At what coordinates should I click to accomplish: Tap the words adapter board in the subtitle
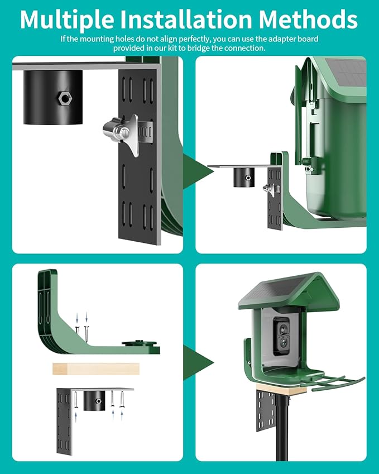coord(298,40)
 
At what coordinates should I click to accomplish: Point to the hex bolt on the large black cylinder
coord(63,98)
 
